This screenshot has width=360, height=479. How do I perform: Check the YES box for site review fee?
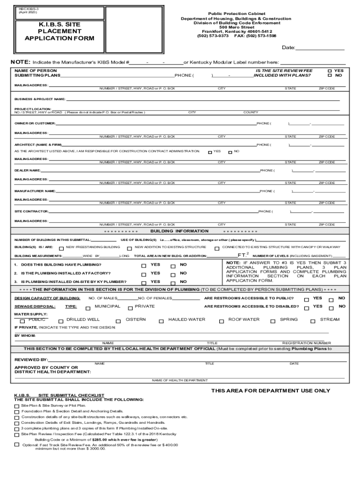[x=330, y=70]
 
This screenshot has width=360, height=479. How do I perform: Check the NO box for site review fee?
[x=330, y=75]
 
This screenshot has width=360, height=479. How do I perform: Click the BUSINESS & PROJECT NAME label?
[x=40, y=99]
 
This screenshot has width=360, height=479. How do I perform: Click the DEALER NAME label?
[x=27, y=170]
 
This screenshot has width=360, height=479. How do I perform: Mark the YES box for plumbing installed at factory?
[x=144, y=274]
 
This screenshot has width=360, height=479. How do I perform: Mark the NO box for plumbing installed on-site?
[x=173, y=283]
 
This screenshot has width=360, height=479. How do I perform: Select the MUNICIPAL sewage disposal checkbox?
[x=87, y=308]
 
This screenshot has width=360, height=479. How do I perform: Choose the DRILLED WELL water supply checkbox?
[x=60, y=321]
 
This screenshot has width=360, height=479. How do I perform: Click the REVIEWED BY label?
[x=31, y=359]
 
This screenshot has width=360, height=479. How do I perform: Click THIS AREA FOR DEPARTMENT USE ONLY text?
[x=270, y=391]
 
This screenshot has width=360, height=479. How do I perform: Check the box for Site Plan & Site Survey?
[x=17, y=406]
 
